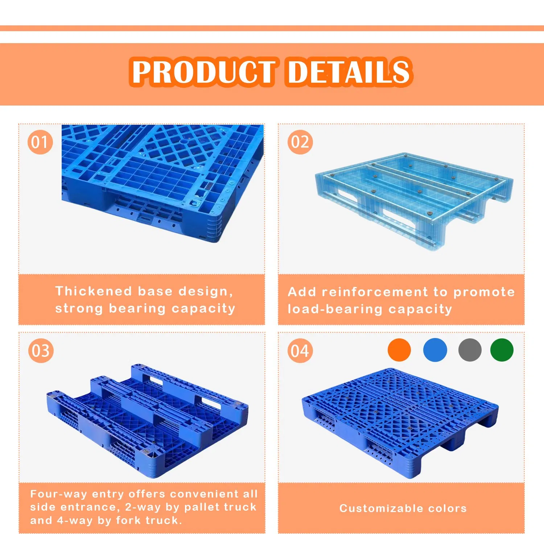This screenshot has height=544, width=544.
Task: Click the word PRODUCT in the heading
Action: click(x=203, y=71)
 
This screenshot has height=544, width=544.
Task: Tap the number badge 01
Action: click(x=40, y=142)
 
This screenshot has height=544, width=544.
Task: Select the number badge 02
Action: click(x=300, y=142)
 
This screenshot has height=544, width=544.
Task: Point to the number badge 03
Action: click(x=41, y=351)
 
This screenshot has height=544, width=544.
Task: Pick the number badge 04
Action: click(x=300, y=351)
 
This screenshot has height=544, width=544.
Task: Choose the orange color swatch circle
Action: click(x=399, y=350)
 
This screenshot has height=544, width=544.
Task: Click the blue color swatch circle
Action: click(x=435, y=350)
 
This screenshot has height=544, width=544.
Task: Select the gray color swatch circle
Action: click(x=470, y=350)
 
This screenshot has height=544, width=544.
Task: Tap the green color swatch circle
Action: click(x=502, y=350)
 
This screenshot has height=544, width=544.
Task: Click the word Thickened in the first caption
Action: click(x=94, y=291)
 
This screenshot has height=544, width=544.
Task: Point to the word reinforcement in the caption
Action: click(x=375, y=292)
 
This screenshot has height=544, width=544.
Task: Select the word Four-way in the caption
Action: click(x=58, y=494)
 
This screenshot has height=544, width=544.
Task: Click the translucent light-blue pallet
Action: click(x=413, y=198)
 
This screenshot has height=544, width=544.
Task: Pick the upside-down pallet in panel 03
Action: click(x=147, y=421)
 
